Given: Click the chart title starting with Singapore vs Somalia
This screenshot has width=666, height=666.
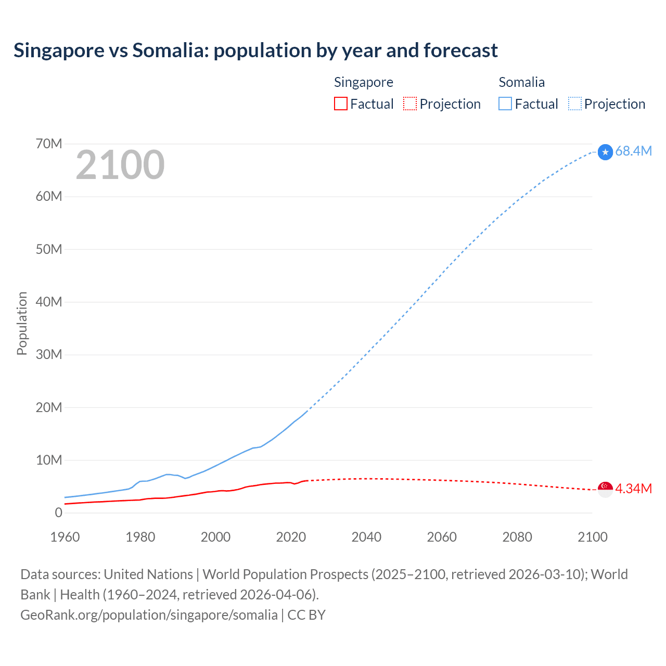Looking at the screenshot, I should click(x=255, y=50).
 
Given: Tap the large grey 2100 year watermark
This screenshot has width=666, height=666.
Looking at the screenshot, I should click(x=120, y=165).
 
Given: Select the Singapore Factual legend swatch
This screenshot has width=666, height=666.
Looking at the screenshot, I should click(x=340, y=104).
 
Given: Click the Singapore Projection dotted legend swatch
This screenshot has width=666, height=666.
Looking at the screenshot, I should click(x=410, y=104).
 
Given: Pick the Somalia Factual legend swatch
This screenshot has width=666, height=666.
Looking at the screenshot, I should click(x=505, y=104).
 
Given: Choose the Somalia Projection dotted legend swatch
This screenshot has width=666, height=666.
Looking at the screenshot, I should click(x=574, y=104).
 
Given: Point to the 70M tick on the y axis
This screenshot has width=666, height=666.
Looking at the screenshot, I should click(x=49, y=144).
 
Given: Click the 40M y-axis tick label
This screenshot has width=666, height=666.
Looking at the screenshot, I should click(x=49, y=302).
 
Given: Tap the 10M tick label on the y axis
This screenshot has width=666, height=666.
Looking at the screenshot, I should click(x=49, y=460).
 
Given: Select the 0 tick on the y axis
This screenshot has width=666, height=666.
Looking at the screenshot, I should click(x=58, y=513).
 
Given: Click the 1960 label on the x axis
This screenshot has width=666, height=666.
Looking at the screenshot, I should click(x=65, y=537).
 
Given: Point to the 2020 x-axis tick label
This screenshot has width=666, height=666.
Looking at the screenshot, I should click(x=291, y=537).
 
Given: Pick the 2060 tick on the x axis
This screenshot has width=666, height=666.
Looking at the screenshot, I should click(x=442, y=537).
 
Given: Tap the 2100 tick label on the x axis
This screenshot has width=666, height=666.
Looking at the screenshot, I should click(x=592, y=537).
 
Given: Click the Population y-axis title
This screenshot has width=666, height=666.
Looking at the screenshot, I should click(x=22, y=323).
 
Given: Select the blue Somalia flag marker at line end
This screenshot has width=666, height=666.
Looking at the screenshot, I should click(x=605, y=152).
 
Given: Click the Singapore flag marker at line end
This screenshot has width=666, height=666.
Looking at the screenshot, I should click(x=605, y=489).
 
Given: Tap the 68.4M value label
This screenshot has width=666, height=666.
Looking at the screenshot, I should click(x=633, y=151).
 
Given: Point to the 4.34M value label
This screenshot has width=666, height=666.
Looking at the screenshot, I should click(x=633, y=489).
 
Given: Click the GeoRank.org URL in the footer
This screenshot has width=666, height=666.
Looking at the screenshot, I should click(x=149, y=614).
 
